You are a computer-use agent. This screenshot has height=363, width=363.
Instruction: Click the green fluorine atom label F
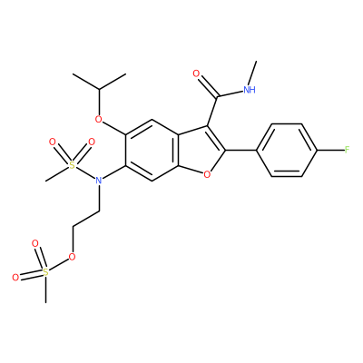[x=347, y=150]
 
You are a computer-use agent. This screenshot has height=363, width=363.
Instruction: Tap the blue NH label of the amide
[x=250, y=89]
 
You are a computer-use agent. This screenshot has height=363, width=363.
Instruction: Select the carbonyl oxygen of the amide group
[x=196, y=74]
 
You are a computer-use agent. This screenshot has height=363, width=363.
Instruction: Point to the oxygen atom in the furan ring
[x=207, y=174]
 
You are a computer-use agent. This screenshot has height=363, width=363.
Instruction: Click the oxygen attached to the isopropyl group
[x=98, y=119]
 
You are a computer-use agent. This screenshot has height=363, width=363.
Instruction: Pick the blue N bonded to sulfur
[x=98, y=181]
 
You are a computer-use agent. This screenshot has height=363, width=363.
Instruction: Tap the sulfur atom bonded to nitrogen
[x=72, y=165]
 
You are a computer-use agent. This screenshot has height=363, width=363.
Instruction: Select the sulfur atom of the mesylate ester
[x=45, y=272]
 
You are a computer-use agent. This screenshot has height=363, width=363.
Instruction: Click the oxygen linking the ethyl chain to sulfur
[x=72, y=257]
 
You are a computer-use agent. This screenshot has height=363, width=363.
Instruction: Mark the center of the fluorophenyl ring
[x=287, y=150]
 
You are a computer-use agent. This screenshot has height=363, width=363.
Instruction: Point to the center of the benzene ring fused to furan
[x=152, y=150]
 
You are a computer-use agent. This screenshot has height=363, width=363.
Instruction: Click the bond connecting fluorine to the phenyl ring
[x=330, y=150]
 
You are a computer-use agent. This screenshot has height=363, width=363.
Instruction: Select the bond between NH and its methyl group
[x=252, y=73]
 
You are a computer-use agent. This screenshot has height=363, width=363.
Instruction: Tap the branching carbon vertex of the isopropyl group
[x=99, y=89]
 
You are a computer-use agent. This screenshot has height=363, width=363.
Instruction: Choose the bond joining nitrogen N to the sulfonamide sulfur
[x=85, y=173]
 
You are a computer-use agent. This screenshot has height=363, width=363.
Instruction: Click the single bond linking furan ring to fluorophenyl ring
[x=241, y=150]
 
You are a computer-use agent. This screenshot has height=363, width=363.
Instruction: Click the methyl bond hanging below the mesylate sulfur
[x=45, y=289]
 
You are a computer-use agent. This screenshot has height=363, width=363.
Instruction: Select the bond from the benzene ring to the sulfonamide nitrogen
[x=113, y=172]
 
